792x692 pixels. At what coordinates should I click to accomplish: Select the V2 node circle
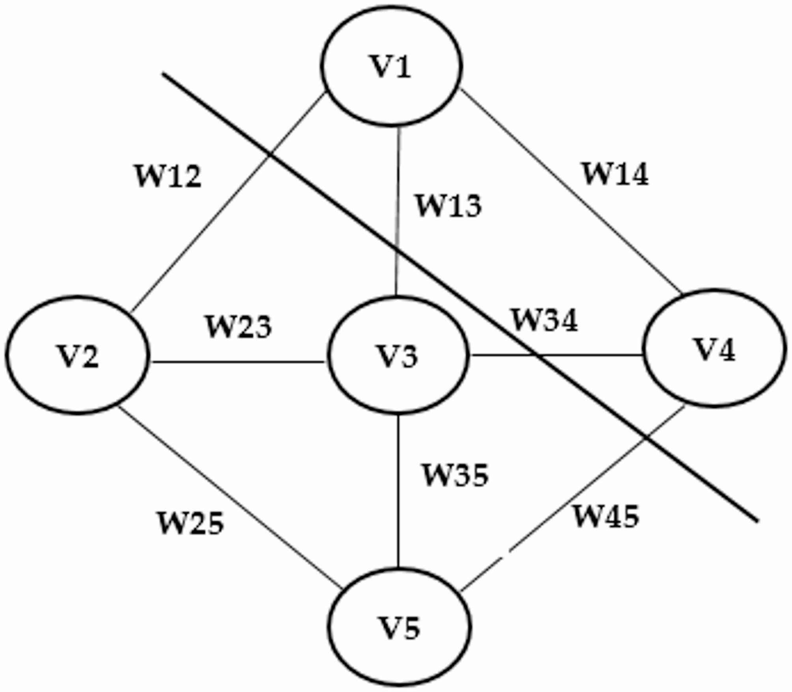click(77, 355)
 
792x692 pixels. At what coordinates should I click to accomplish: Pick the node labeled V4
click(714, 348)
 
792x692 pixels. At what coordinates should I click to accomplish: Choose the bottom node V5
click(400, 627)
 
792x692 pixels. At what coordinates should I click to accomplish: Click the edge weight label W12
click(168, 176)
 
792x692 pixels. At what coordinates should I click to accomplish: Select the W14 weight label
click(615, 174)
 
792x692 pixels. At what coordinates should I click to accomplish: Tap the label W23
click(239, 327)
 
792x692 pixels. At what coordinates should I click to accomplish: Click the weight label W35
click(455, 475)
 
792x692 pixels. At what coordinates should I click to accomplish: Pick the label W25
click(191, 524)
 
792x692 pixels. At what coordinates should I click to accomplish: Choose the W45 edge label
click(606, 516)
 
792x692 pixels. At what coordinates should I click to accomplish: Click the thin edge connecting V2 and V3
click(237, 361)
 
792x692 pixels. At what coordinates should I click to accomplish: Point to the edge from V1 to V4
click(572, 191)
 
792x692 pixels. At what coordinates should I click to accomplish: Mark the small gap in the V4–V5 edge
click(506, 555)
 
